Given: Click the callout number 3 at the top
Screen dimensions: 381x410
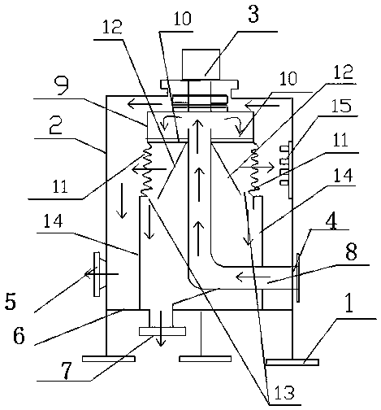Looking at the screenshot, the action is [x=253, y=13].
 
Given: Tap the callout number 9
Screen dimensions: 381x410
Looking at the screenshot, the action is [x=61, y=85].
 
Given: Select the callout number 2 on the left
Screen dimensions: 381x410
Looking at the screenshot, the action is [x=55, y=125].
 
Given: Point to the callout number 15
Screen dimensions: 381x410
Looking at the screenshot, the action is [x=341, y=105].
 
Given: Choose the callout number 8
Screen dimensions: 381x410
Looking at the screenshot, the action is [x=351, y=251].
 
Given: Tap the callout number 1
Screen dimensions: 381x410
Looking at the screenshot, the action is [x=349, y=303].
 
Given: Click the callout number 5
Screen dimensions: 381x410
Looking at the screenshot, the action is [x=11, y=301].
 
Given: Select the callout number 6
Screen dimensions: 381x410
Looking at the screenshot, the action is [x=19, y=335].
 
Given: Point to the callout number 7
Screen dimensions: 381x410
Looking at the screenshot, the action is [x=67, y=370].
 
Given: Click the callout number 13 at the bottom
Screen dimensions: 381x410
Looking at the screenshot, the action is [x=284, y=392].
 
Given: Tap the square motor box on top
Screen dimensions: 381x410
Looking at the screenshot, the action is [x=201, y=64].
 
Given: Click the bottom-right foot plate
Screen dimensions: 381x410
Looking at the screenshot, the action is [x=292, y=362].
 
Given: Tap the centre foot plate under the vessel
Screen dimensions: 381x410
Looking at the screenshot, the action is [x=206, y=359].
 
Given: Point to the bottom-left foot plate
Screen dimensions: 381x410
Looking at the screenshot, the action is [x=109, y=359].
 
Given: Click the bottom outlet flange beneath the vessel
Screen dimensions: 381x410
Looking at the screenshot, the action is [x=162, y=331].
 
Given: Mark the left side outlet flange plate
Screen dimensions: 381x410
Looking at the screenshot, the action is [x=97, y=274].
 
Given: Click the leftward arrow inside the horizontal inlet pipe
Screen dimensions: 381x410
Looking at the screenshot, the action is [x=253, y=277].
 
